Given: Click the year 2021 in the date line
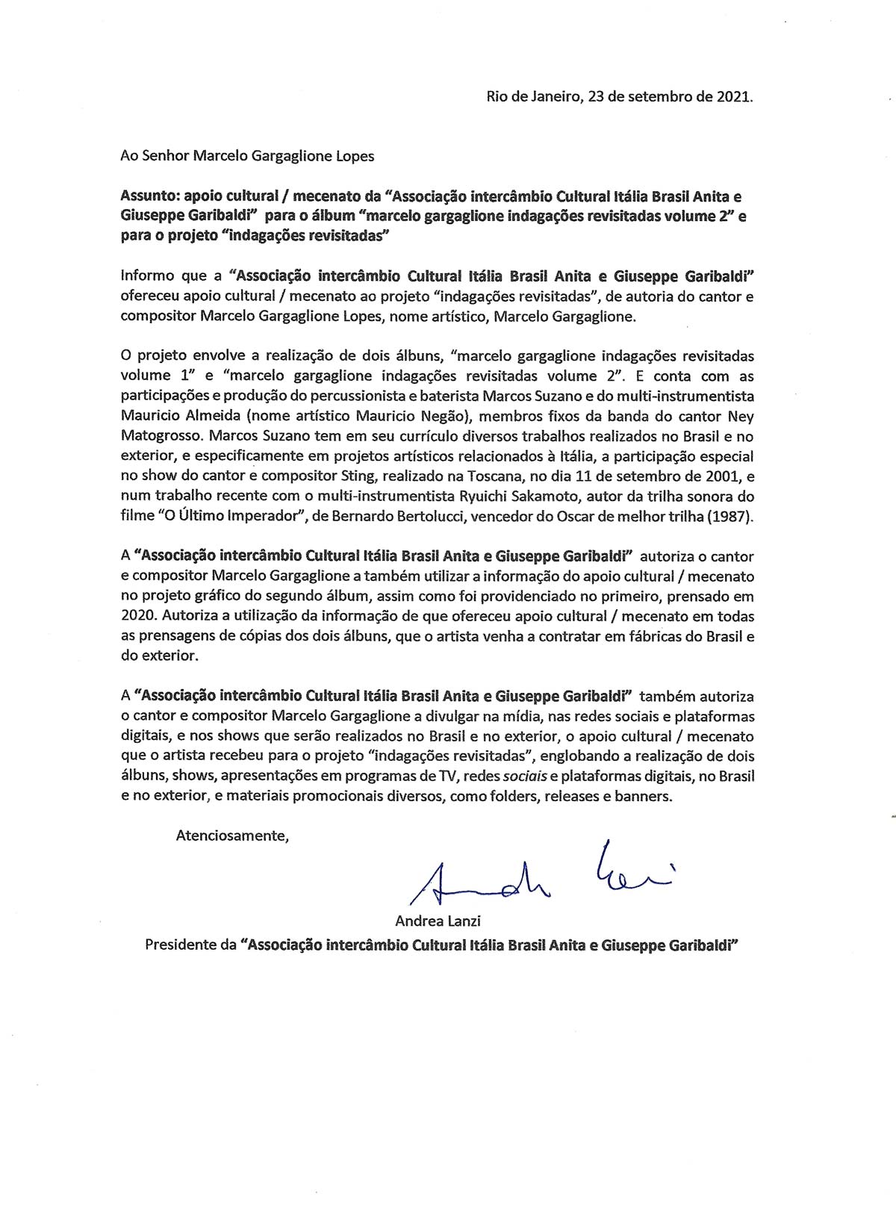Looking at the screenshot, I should click(733, 96).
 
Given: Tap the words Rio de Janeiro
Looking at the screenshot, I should click(533, 96).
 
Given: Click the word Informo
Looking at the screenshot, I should click(147, 275).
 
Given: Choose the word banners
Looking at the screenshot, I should click(641, 796).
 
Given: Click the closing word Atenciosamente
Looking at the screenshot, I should click(231, 835).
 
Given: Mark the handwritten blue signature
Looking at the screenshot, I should click(538, 873).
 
